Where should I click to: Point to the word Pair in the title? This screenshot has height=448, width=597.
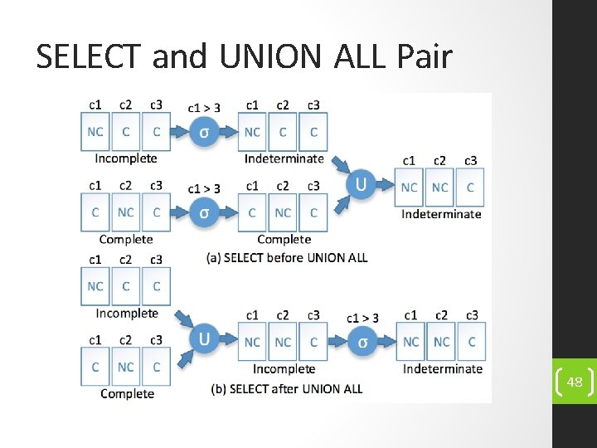[x=425, y=56]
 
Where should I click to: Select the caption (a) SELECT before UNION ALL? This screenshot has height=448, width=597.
[x=286, y=257]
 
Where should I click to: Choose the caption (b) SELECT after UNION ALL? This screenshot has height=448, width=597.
[x=286, y=388]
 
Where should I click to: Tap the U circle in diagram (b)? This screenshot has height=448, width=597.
[x=204, y=339]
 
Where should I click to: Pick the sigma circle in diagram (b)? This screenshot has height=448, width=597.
[x=362, y=342]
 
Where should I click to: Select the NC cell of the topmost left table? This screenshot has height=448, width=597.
[x=95, y=132]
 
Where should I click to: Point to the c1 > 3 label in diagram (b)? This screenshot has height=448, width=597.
[x=362, y=317]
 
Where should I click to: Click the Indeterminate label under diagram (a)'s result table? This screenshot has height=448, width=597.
[x=441, y=214]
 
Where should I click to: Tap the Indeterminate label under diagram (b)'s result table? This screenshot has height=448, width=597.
[x=442, y=368]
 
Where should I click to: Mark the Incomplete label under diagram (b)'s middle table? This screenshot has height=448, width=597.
[x=284, y=368]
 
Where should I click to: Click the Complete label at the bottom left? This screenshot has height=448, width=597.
[x=127, y=393]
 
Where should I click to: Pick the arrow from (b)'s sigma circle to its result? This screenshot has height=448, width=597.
[x=386, y=342]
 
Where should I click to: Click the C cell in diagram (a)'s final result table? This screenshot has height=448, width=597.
[x=470, y=187]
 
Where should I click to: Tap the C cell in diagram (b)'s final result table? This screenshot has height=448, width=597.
[x=472, y=342]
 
